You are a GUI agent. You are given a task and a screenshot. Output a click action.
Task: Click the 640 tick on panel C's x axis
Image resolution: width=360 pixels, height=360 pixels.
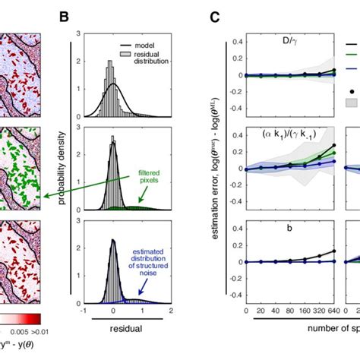[333, 312]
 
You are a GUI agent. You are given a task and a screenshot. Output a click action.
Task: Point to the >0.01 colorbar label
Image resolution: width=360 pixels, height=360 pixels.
[30, 332]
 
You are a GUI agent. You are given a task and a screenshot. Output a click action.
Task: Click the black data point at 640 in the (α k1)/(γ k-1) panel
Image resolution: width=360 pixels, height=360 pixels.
[333, 145]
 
